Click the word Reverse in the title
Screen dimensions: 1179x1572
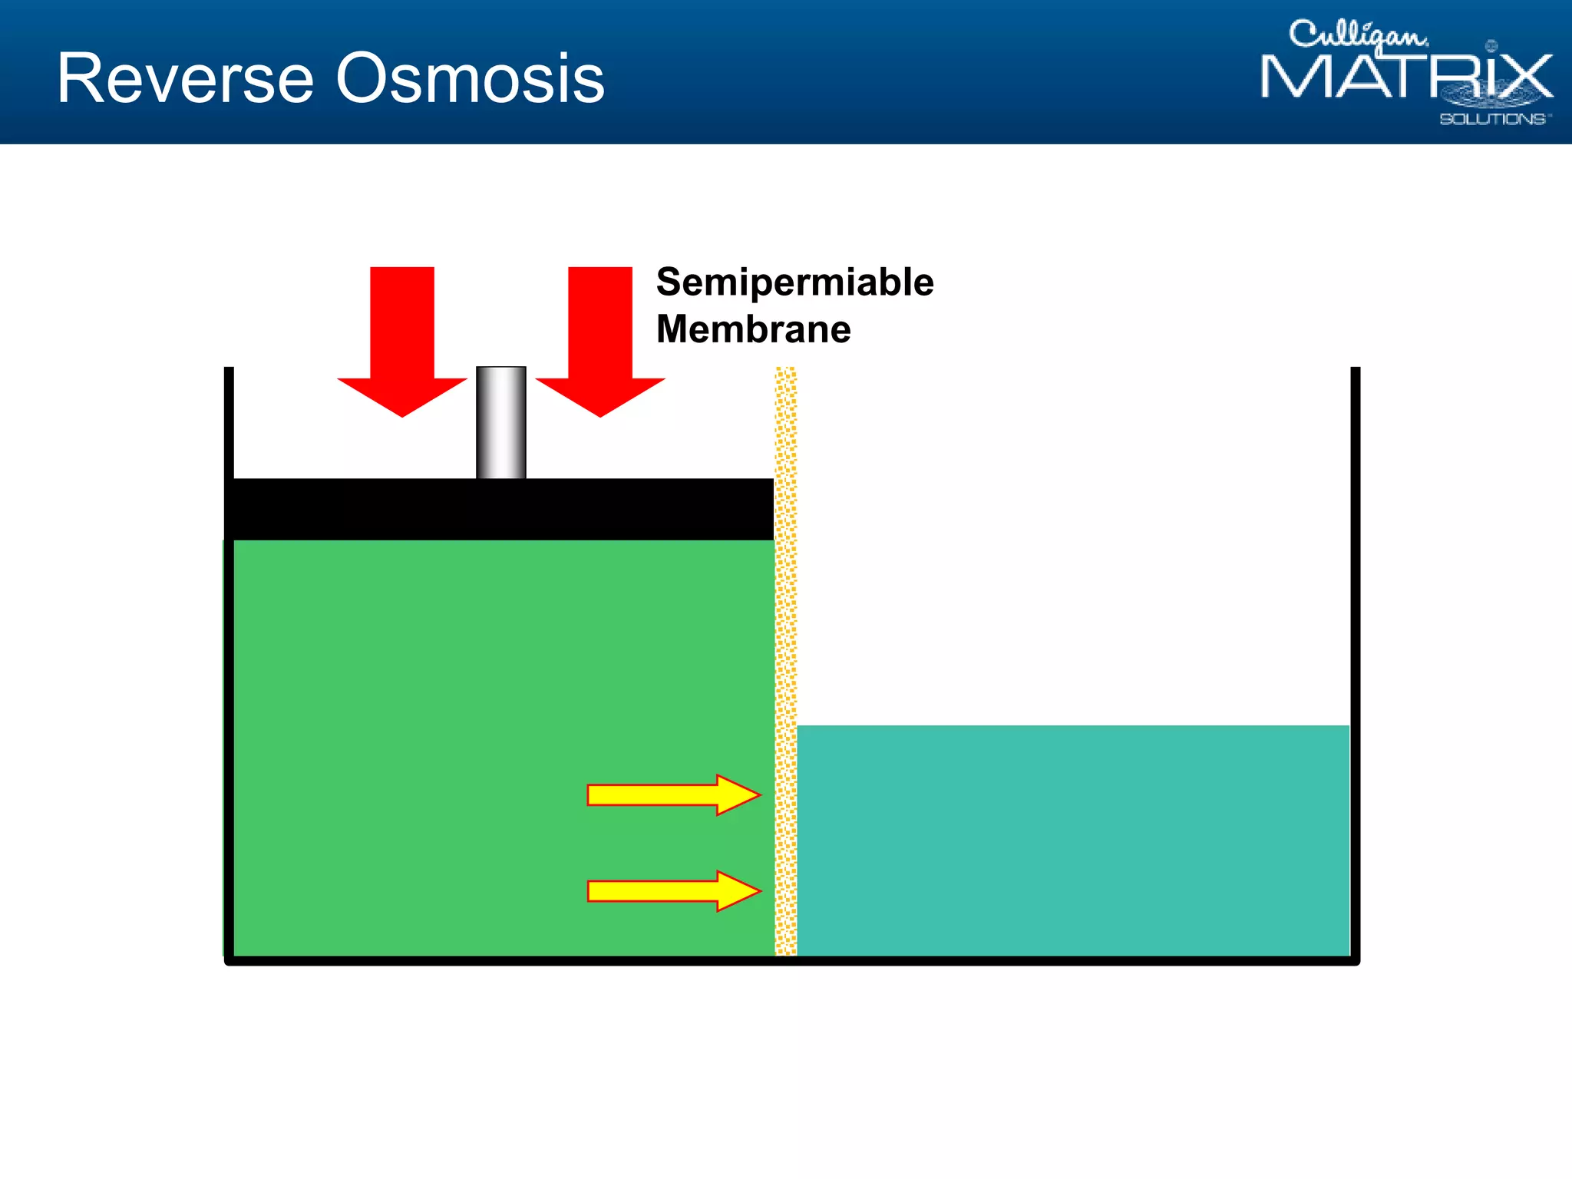pos(185,78)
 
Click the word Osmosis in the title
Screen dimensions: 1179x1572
pos(471,78)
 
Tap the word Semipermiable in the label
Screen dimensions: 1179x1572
pos(794,282)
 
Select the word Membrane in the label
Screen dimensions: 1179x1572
pos(753,329)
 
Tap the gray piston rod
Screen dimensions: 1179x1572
pos(501,422)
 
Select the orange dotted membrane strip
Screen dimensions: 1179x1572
pos(785,660)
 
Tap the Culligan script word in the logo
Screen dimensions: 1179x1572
pos(1357,35)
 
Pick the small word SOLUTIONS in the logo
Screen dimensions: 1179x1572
pos(1493,119)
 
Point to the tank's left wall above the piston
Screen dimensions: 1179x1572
pos(229,422)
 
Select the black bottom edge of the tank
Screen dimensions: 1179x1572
pos(791,960)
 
